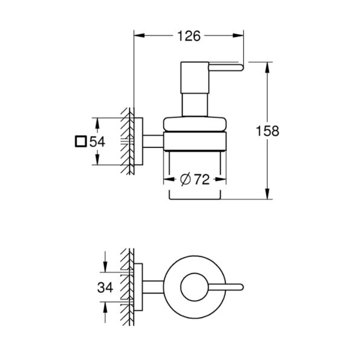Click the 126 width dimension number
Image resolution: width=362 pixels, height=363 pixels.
(x=189, y=36)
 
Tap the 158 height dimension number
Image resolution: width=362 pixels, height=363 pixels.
(x=268, y=131)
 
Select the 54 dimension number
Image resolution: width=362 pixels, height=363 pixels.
(x=97, y=142)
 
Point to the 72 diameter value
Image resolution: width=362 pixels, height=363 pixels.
(x=202, y=179)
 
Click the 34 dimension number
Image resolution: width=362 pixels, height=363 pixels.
(x=105, y=288)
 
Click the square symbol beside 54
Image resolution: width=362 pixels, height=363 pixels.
(x=81, y=141)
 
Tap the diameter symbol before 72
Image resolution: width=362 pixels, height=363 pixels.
(x=185, y=179)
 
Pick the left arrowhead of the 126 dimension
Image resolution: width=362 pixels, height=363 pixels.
(x=139, y=36)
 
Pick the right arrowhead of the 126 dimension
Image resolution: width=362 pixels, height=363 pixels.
(x=238, y=36)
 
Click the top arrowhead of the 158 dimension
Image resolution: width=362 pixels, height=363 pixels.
(x=267, y=68)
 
